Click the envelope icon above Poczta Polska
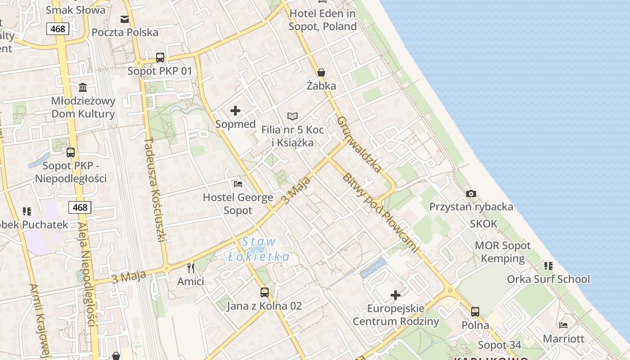(124, 19)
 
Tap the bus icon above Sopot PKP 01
(160, 58)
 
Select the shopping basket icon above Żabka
(321, 72)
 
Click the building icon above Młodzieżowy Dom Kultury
(83, 87)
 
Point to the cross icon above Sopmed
(235, 111)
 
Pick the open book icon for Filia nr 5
(292, 117)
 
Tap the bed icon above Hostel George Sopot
(238, 184)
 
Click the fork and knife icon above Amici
(191, 268)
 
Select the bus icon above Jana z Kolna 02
(265, 292)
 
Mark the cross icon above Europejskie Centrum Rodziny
(396, 295)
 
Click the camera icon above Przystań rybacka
(471, 193)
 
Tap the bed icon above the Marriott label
(563, 325)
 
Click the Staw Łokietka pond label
(259, 249)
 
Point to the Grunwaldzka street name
(359, 144)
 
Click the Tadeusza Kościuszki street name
(155, 189)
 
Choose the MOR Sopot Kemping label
(503, 252)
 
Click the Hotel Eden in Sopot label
(323, 20)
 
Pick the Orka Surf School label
(548, 279)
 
